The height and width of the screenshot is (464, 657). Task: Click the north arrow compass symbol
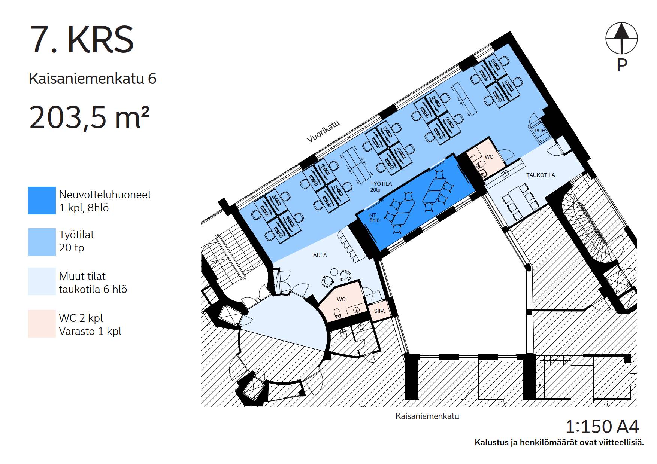[x=621, y=38]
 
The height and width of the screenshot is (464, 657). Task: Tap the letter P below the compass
[x=622, y=65]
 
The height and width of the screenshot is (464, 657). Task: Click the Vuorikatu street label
[x=323, y=131]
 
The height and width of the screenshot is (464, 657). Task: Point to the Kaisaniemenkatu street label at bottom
[x=427, y=416]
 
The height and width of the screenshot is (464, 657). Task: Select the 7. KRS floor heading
[x=81, y=40]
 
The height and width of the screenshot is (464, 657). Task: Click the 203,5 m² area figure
[x=89, y=117]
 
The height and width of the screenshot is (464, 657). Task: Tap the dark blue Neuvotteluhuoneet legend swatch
[x=42, y=201]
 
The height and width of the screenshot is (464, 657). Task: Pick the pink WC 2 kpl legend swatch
[x=42, y=324]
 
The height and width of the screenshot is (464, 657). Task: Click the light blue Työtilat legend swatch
[x=42, y=242]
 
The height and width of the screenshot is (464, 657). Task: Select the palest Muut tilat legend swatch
[x=42, y=281]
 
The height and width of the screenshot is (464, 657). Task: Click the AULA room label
[x=320, y=255]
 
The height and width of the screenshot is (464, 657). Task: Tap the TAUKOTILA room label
[x=541, y=175]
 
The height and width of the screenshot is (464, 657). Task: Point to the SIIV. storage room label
[x=379, y=311]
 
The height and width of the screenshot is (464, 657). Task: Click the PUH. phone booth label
[x=540, y=131]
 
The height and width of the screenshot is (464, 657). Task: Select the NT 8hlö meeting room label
[x=375, y=218]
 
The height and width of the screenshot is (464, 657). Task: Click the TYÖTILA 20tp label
[x=381, y=187]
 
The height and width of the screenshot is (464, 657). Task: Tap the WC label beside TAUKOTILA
[x=489, y=157]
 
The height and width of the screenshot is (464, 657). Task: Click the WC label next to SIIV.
[x=341, y=299]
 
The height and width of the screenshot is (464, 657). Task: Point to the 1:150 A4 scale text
[x=602, y=427]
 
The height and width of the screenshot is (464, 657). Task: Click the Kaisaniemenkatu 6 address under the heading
[x=93, y=79]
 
